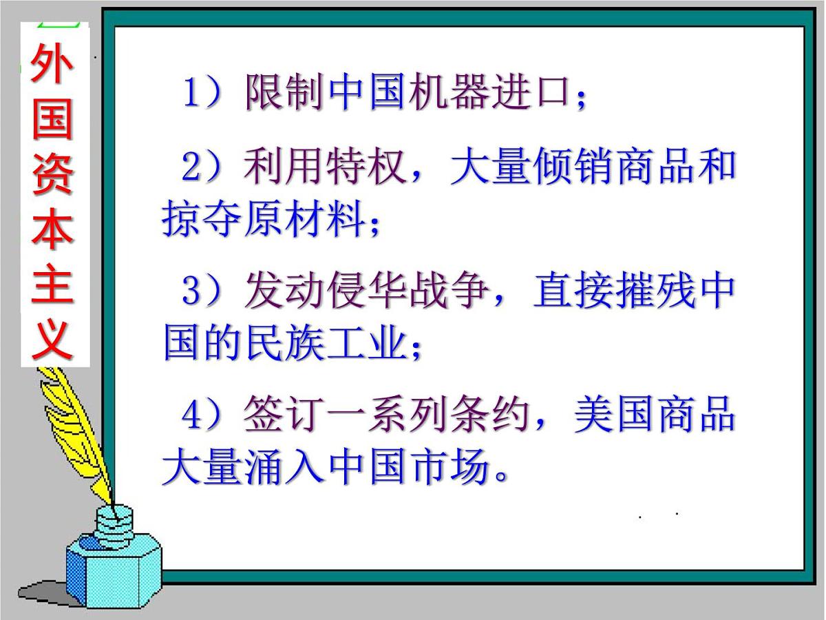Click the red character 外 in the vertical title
(x=52, y=70)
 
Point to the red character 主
(x=52, y=285)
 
